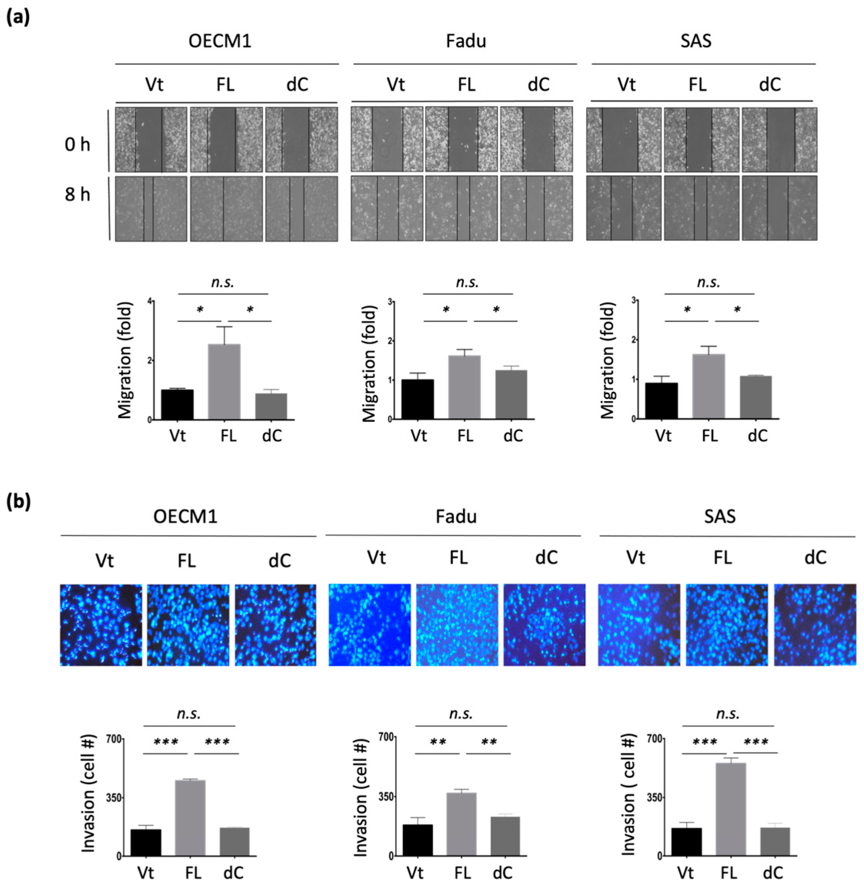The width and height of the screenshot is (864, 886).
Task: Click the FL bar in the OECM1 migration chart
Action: (224, 381)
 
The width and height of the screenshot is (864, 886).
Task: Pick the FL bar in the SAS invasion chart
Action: (731, 805)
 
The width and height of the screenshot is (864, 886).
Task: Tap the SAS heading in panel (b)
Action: (720, 516)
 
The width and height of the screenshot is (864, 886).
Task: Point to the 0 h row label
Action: (77, 145)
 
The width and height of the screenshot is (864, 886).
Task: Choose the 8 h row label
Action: (77, 194)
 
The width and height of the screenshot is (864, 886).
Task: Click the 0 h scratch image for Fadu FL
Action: (461, 139)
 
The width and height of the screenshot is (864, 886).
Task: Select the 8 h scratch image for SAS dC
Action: (779, 208)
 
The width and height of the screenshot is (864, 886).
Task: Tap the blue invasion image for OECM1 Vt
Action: (101, 625)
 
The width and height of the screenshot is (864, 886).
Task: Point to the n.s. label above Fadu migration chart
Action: (468, 282)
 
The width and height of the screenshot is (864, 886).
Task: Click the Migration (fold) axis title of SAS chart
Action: (608, 361)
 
